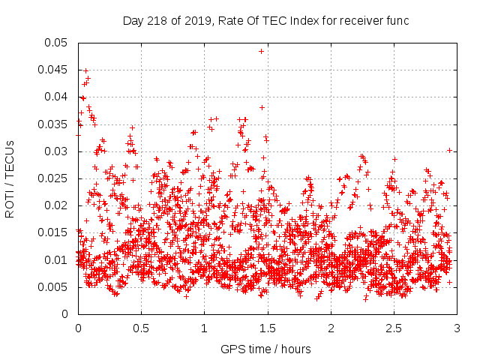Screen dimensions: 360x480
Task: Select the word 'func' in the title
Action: click(397, 21)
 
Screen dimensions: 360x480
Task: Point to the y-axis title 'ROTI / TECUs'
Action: click(10, 178)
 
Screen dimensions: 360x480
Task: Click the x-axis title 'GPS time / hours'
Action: click(265, 349)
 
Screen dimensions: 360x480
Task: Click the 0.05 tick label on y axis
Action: click(58, 43)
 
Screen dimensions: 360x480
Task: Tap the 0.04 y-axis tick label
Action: click(58, 97)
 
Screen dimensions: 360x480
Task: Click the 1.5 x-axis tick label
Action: click(267, 328)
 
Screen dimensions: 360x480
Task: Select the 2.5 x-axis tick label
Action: click(393, 328)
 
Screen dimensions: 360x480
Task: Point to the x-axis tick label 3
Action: click(456, 328)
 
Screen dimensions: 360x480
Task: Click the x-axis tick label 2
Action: click(330, 328)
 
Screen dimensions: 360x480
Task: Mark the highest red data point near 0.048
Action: click(262, 51)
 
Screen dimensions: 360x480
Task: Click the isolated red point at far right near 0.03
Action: click(449, 150)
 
